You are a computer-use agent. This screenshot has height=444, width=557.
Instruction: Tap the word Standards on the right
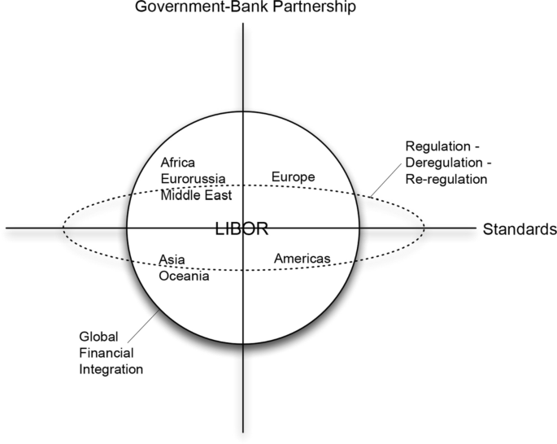click(519, 229)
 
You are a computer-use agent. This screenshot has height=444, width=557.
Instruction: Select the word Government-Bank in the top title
click(186, 7)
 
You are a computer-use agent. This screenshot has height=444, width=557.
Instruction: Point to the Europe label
click(293, 176)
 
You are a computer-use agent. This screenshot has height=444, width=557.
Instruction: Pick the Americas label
click(302, 259)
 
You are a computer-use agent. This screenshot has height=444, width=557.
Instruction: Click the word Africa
click(178, 162)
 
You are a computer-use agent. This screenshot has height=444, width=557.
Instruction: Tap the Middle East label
click(195, 194)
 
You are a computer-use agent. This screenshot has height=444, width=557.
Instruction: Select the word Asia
click(171, 259)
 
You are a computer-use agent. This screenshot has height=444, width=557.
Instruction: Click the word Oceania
click(185, 276)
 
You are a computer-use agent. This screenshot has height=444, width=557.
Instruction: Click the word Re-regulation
click(446, 178)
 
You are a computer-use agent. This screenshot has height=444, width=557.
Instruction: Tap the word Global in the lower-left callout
click(96, 336)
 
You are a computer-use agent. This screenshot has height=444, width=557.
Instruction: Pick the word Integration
click(111, 368)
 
